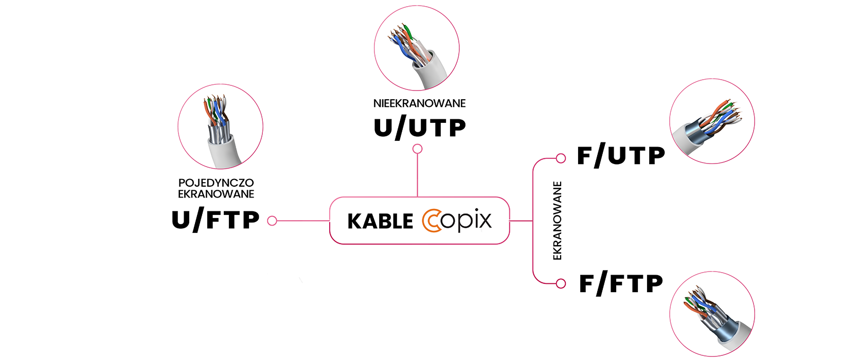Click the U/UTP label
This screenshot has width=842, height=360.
[x=419, y=128]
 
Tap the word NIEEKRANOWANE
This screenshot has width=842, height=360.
[x=419, y=103]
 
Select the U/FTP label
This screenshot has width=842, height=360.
[x=216, y=220]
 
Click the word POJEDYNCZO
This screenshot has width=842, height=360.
[x=216, y=183]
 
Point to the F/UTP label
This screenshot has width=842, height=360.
[x=621, y=156]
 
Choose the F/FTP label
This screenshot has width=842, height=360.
[x=621, y=283]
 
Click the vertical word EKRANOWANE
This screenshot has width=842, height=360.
[x=557, y=221]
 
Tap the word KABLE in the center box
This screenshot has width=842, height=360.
[x=380, y=222]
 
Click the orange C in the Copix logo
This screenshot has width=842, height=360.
[x=432, y=221]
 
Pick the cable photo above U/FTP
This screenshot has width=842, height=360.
[x=221, y=127]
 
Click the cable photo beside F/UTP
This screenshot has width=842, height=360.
[x=712, y=121]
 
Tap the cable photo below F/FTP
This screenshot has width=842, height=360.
[x=712, y=314]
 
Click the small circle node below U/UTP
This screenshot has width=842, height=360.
[x=418, y=149]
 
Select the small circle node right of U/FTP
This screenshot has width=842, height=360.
[x=272, y=221]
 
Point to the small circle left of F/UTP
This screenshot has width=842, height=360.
[x=561, y=158]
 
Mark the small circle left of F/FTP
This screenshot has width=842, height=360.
[x=561, y=283]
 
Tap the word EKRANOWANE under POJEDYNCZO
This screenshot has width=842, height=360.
[x=216, y=194]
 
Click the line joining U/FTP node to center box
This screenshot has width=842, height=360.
[x=303, y=221]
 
